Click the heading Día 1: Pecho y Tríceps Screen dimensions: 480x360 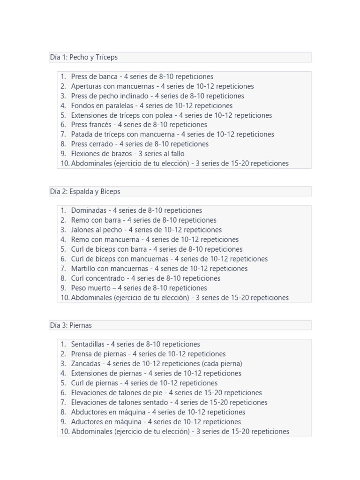(x=84, y=57)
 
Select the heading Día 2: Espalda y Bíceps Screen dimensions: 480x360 (x=85, y=191)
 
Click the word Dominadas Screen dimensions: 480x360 (x=89, y=210)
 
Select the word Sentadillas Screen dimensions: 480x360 (x=90, y=344)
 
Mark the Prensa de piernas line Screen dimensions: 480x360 (x=148, y=354)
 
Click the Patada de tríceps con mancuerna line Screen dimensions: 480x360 (x=172, y=135)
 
